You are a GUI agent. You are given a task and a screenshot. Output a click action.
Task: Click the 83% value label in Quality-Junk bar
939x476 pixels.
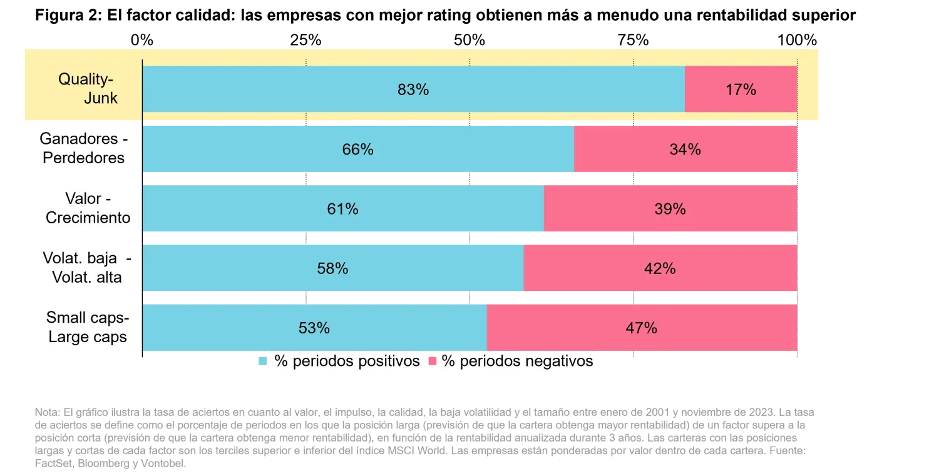413,90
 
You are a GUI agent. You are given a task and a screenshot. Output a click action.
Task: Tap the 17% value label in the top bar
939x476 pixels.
741,90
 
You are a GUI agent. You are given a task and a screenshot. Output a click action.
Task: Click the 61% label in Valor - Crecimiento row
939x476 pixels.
342,209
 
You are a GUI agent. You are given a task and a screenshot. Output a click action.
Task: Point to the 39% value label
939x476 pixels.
670,209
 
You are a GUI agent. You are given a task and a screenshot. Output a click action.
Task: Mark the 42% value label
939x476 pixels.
660,268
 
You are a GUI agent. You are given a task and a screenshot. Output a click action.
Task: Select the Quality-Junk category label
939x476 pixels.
88,89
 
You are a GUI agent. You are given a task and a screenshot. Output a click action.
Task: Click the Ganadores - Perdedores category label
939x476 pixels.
85,149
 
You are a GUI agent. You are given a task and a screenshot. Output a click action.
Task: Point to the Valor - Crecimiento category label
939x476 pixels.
88,208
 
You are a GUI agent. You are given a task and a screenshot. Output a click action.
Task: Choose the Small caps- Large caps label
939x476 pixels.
87,327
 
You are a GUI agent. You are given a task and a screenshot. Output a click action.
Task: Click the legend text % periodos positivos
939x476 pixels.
347,362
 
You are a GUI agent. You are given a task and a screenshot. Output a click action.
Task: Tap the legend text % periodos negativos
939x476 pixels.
517,362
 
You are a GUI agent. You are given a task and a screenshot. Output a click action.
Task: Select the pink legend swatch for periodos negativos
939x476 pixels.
432,361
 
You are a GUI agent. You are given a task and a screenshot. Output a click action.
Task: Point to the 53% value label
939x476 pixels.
314,328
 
